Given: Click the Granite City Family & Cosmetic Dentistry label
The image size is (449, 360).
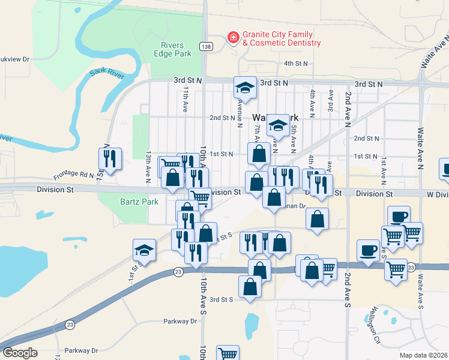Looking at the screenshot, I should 281,39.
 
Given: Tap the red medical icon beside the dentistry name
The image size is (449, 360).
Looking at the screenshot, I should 232,38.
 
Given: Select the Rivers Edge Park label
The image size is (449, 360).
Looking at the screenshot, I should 176,49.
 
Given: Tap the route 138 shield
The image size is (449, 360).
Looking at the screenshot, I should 206,46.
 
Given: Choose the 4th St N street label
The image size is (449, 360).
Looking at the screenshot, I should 296,63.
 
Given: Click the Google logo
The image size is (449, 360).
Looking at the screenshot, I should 20,352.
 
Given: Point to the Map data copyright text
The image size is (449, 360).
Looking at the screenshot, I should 424,355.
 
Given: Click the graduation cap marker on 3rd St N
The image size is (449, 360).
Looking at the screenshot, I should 245,88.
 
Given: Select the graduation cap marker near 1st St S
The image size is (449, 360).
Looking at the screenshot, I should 145,250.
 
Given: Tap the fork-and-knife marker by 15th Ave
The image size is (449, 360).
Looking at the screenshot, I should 110,159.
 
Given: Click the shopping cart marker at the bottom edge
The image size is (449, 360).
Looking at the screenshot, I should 228,353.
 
